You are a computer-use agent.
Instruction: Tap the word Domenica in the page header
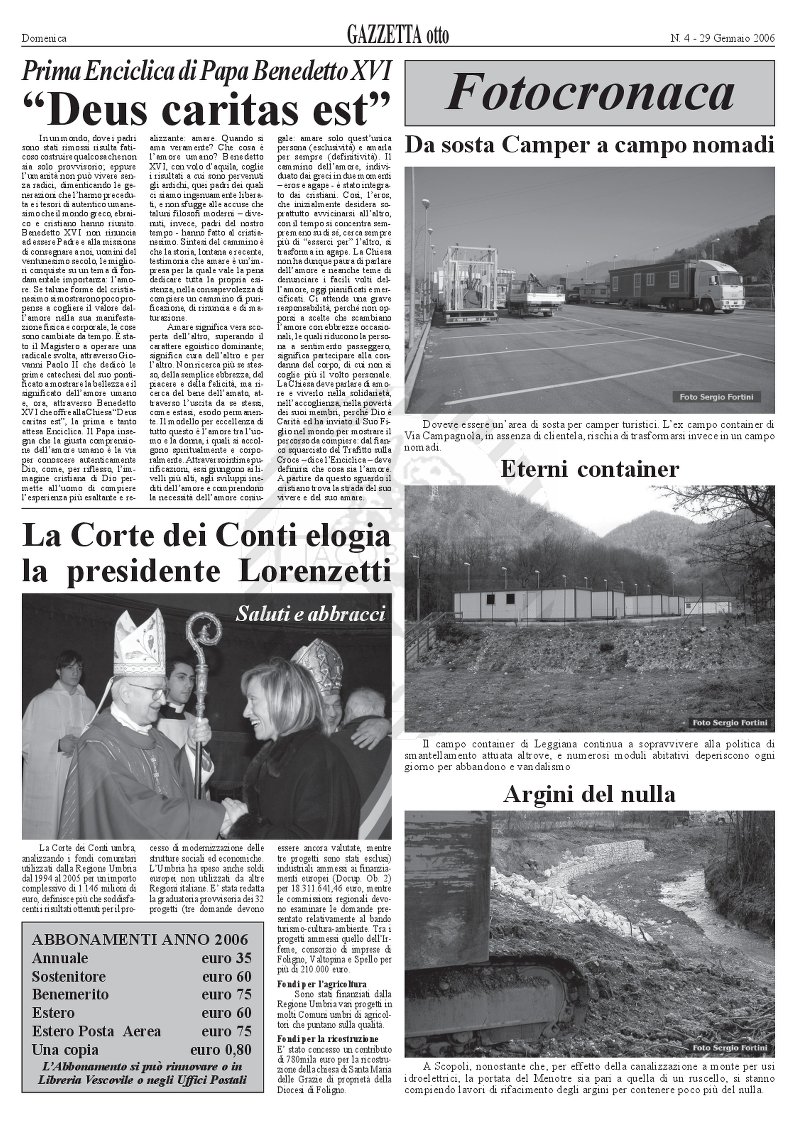tap(44, 38)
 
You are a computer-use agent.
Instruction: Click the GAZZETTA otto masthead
tap(398, 36)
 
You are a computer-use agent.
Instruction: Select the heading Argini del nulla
tap(589, 794)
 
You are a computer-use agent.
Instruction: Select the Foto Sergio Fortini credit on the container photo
tap(729, 722)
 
